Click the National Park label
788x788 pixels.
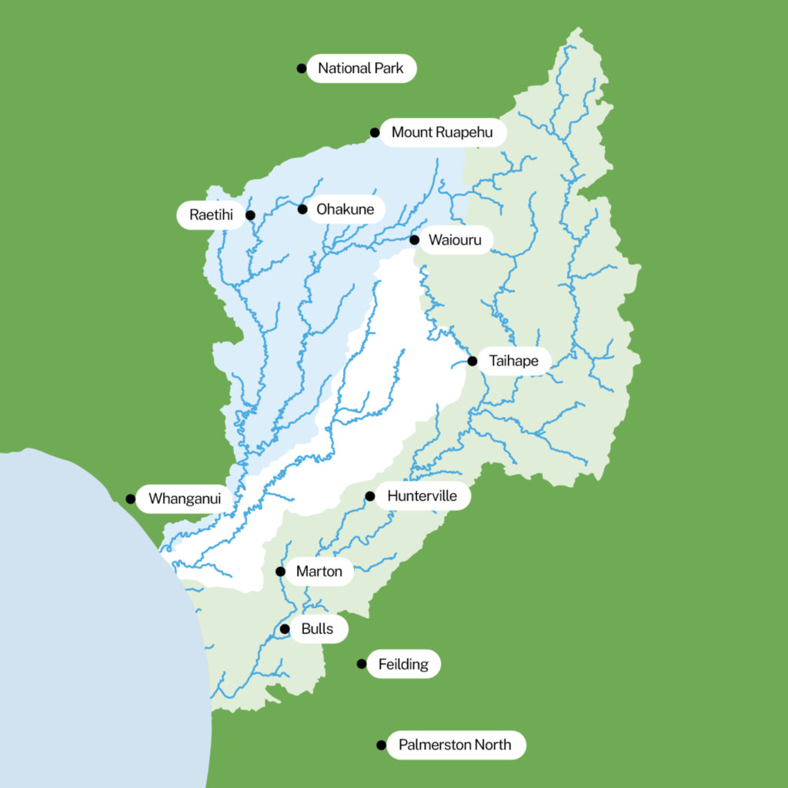tap(361, 68)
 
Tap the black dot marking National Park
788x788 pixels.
tap(302, 68)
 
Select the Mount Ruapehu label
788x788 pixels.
tap(442, 132)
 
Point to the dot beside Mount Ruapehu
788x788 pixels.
tap(375, 132)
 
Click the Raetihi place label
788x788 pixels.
tap(211, 215)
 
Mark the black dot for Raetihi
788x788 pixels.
tap(250, 215)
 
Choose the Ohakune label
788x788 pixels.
tap(346, 209)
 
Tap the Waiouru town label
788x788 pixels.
tap(455, 240)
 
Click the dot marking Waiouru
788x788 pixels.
tap(414, 240)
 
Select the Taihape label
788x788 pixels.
tap(514, 361)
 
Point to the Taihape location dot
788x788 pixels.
tap(472, 361)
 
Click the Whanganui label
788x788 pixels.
tap(185, 499)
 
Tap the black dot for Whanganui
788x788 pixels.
tap(131, 499)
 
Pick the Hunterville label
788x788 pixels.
tap(422, 496)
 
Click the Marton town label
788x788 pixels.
tap(319, 572)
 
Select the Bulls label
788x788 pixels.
tap(317, 629)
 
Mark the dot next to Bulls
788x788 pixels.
tap(285, 629)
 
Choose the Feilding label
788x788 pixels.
tap(403, 664)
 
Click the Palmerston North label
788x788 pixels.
tap(455, 745)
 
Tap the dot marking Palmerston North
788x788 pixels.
tap(381, 745)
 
